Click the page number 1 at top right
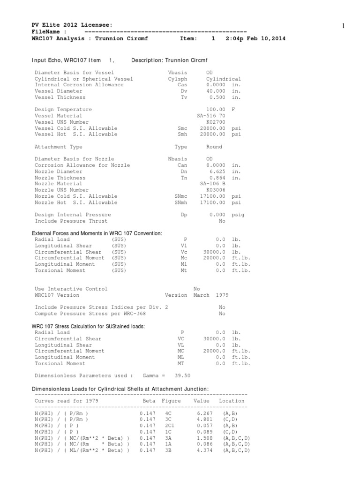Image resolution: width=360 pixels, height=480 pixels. [x=343, y=26]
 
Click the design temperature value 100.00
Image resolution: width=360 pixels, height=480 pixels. [x=216, y=110]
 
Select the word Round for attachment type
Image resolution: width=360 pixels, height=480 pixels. [x=214, y=147]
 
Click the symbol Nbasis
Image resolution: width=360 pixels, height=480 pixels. [x=178, y=159]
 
